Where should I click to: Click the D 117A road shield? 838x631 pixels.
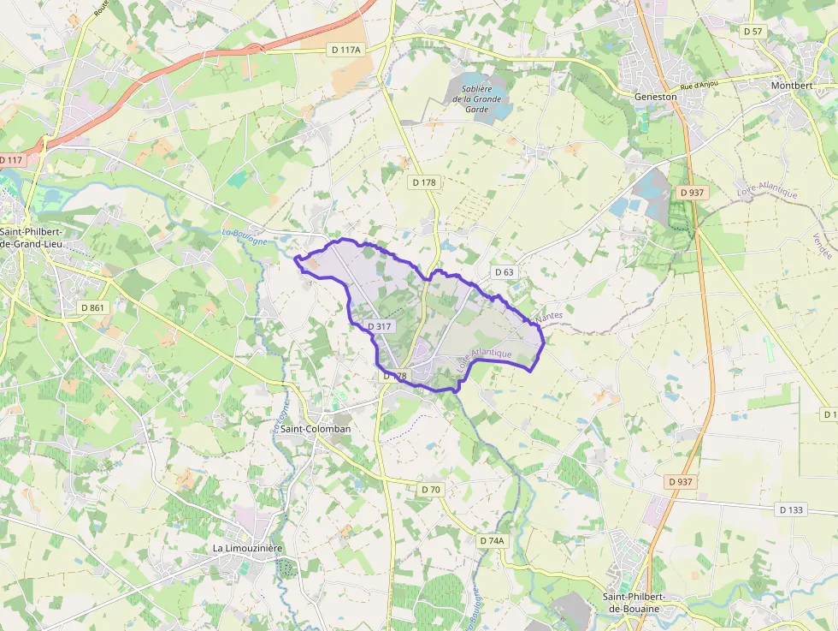click(347, 50)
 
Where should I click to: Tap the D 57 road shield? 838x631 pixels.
click(752, 31)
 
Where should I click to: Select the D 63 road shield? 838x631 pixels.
click(505, 272)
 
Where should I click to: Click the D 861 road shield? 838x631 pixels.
click(91, 307)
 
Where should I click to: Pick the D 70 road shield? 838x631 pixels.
click(431, 489)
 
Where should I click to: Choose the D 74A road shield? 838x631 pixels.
click(493, 540)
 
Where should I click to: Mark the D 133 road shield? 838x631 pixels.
click(792, 509)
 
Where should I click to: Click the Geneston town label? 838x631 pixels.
click(656, 97)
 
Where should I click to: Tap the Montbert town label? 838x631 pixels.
click(791, 86)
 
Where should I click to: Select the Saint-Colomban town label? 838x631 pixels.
click(316, 428)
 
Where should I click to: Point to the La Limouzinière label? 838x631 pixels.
click(248, 547)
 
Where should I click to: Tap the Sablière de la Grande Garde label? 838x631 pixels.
click(481, 93)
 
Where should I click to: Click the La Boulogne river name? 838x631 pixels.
click(245, 236)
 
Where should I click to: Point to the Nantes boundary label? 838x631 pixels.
click(549, 318)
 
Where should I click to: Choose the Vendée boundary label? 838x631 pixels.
click(822, 247)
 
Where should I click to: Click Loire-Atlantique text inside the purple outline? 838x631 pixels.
click(485, 364)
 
